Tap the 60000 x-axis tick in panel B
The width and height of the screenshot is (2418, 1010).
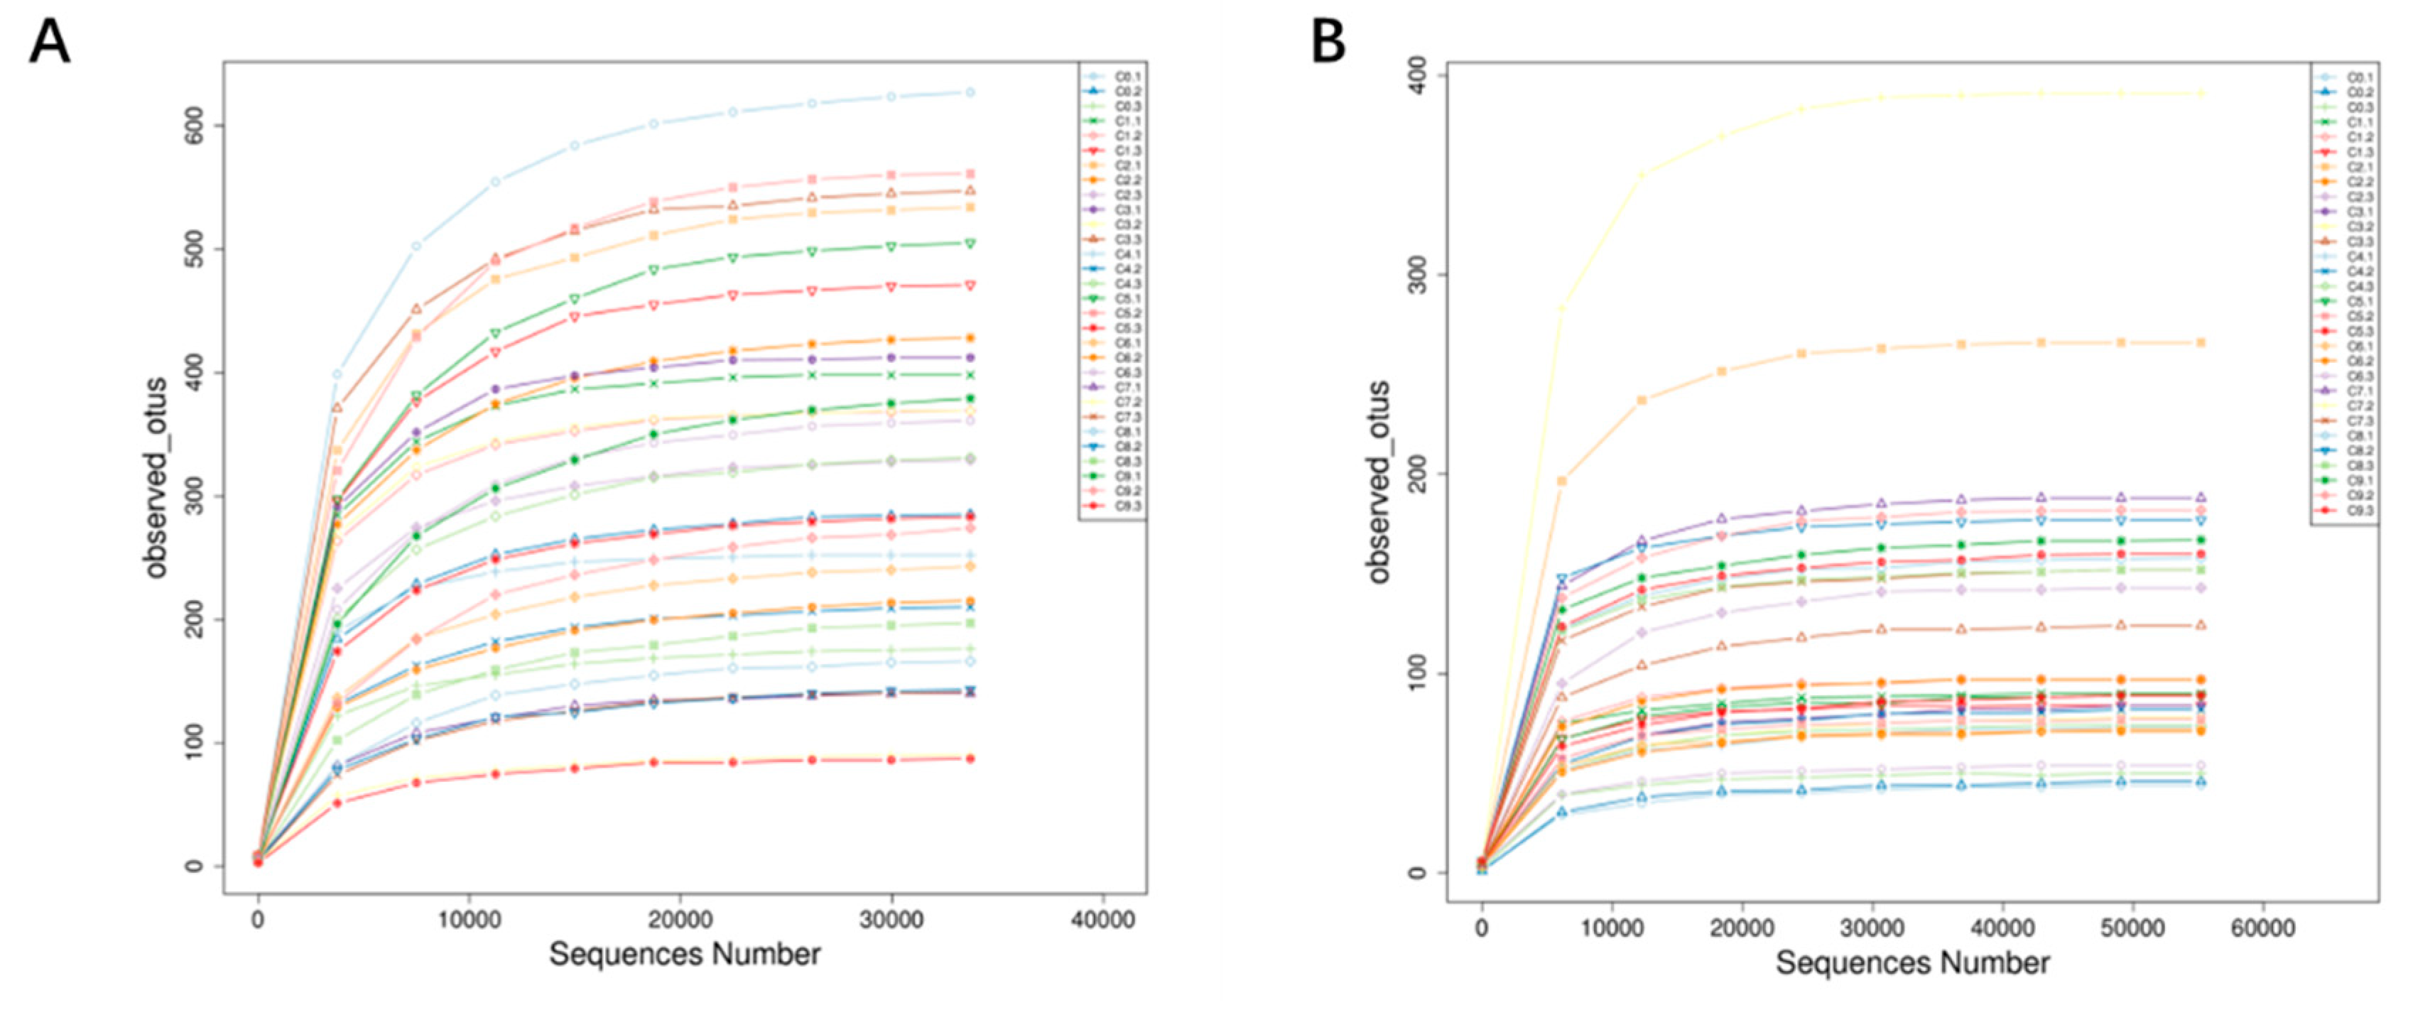click(2262, 928)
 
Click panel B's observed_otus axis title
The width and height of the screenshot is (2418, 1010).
click(1379, 482)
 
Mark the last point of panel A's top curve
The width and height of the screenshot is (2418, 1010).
click(970, 92)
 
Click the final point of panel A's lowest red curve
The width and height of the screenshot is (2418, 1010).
click(970, 759)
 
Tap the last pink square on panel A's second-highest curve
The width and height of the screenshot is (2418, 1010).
click(970, 173)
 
